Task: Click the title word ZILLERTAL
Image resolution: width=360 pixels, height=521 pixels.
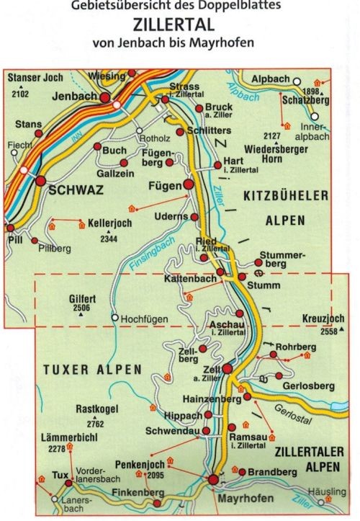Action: (x=179, y=24)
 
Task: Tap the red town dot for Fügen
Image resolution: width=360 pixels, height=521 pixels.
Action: (x=189, y=185)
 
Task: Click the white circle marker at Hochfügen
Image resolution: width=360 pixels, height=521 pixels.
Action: (x=114, y=316)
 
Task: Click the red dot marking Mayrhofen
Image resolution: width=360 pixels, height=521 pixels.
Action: (x=214, y=480)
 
